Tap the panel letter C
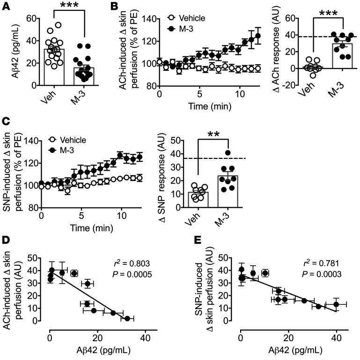[x=6, y=132]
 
